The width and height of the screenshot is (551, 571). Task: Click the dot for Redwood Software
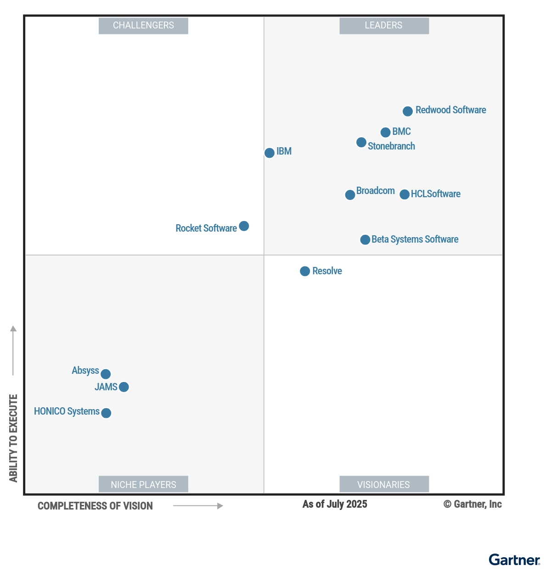[408, 111]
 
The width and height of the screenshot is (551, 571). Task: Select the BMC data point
[386, 133]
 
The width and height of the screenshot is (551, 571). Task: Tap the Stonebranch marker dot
[361, 143]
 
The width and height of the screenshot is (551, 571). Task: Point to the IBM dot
[270, 153]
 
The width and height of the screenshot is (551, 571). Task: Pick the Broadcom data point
[350, 195]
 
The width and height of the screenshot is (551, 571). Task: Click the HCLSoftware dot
[405, 194]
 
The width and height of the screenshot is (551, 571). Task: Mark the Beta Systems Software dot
[365, 240]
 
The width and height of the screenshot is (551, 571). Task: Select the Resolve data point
[305, 272]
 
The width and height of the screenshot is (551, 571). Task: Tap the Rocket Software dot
[244, 226]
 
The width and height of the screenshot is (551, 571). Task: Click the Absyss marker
[106, 374]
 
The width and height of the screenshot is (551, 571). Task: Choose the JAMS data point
[124, 387]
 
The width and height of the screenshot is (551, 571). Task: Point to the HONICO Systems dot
[106, 413]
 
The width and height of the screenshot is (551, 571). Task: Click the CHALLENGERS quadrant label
[143, 26]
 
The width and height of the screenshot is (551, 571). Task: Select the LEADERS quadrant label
[384, 26]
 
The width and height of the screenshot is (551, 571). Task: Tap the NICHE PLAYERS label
[143, 484]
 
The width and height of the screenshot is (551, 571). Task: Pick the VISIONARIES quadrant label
[384, 484]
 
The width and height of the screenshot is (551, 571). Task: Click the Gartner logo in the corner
[514, 560]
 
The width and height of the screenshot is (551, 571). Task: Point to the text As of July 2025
[335, 504]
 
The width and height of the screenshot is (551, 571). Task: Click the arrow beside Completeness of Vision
[198, 506]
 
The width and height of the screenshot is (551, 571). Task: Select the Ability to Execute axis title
[13, 438]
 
